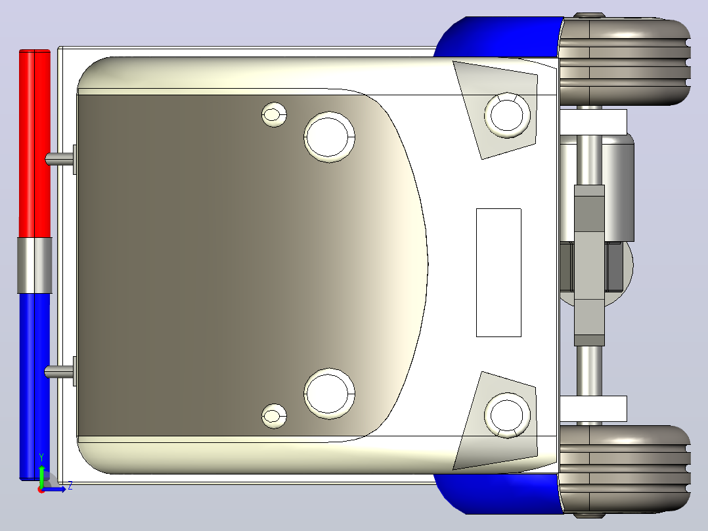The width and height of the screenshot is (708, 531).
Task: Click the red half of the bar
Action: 34,143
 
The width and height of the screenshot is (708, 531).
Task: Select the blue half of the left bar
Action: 34,386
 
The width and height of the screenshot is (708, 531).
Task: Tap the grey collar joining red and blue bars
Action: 35,265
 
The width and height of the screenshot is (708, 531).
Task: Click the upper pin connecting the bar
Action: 59,158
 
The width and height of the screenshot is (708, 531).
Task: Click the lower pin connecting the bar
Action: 59,371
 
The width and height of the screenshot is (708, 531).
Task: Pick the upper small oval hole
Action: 274,114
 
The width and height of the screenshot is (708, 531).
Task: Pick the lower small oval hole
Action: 274,416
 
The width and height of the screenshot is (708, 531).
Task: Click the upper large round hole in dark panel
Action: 329,137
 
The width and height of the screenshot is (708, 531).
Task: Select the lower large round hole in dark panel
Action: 329,394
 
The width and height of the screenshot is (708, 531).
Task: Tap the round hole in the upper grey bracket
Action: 507,115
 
